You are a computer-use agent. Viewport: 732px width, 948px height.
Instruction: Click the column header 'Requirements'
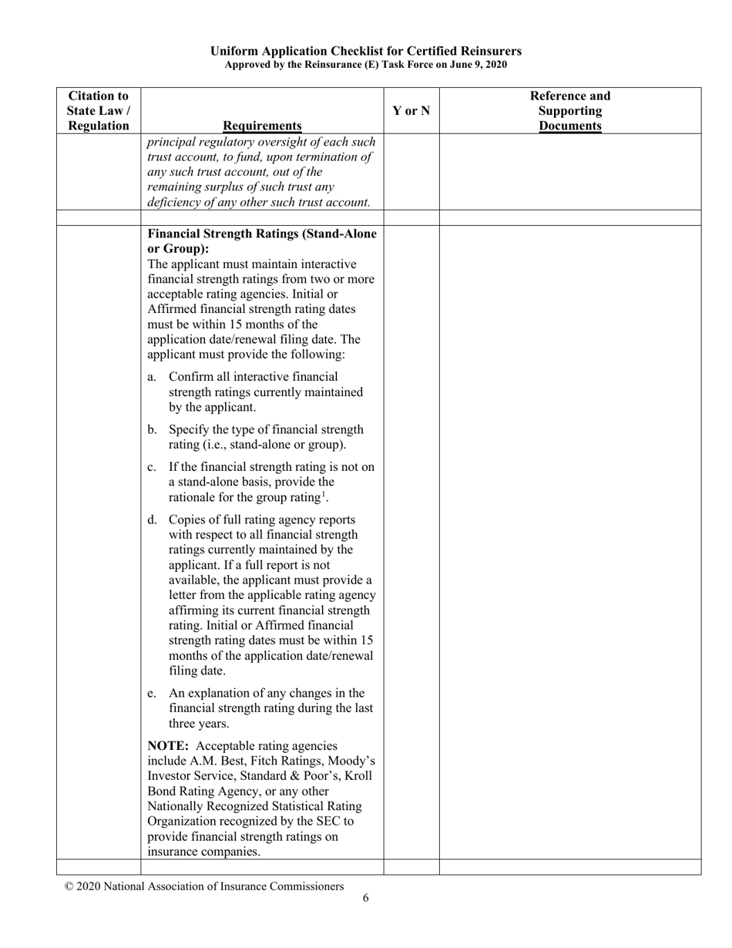point(262,126)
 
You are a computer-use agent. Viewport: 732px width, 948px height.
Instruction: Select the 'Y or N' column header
point(411,111)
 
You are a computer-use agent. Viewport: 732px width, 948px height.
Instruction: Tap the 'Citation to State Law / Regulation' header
point(98,111)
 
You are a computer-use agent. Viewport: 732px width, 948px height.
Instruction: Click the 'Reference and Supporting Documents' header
point(570,111)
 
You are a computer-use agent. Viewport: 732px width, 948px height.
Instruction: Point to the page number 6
point(366,897)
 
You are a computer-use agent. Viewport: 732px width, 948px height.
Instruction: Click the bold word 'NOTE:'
point(168,746)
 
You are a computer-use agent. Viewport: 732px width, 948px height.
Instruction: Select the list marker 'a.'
point(152,377)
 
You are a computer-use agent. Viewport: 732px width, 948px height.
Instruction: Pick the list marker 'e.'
point(152,694)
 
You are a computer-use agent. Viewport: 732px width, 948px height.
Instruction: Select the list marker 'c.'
point(152,467)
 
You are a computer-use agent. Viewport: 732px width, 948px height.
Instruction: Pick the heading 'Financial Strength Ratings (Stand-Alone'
point(262,234)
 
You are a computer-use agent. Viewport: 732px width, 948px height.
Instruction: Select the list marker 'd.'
point(152,519)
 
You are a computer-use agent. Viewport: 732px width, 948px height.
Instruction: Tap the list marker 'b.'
point(152,429)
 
